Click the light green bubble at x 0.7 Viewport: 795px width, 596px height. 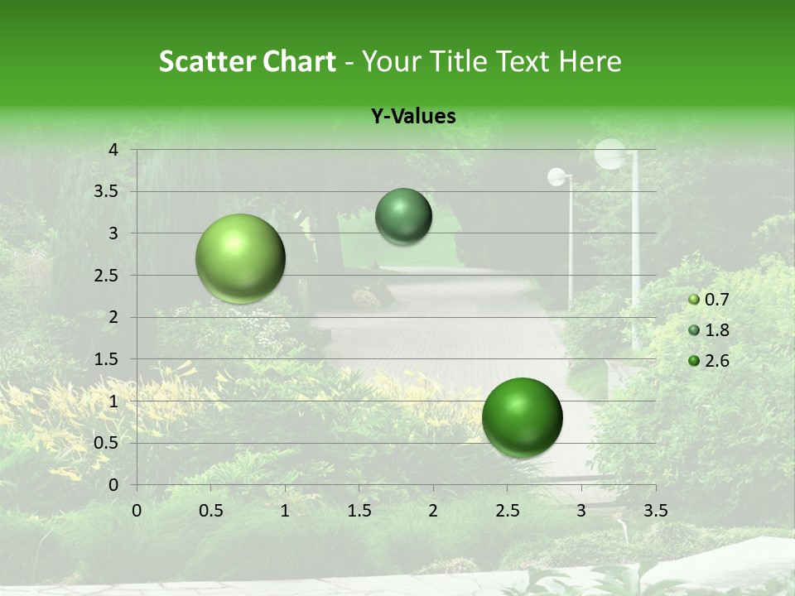[x=241, y=258]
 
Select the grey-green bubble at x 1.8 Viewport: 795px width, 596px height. [x=403, y=216]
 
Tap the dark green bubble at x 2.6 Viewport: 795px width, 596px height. [x=522, y=417]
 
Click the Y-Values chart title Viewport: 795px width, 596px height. [x=413, y=117]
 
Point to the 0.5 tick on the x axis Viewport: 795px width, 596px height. [x=210, y=510]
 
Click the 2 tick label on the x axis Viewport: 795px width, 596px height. [x=433, y=510]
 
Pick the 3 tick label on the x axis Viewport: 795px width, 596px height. [x=581, y=510]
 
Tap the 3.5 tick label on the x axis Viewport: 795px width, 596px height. [x=655, y=510]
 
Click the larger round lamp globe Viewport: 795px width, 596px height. [x=610, y=154]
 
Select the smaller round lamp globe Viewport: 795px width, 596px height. [x=557, y=176]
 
